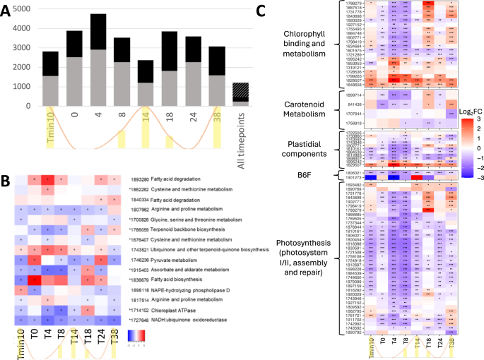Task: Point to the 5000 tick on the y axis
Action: coord(24,8)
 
